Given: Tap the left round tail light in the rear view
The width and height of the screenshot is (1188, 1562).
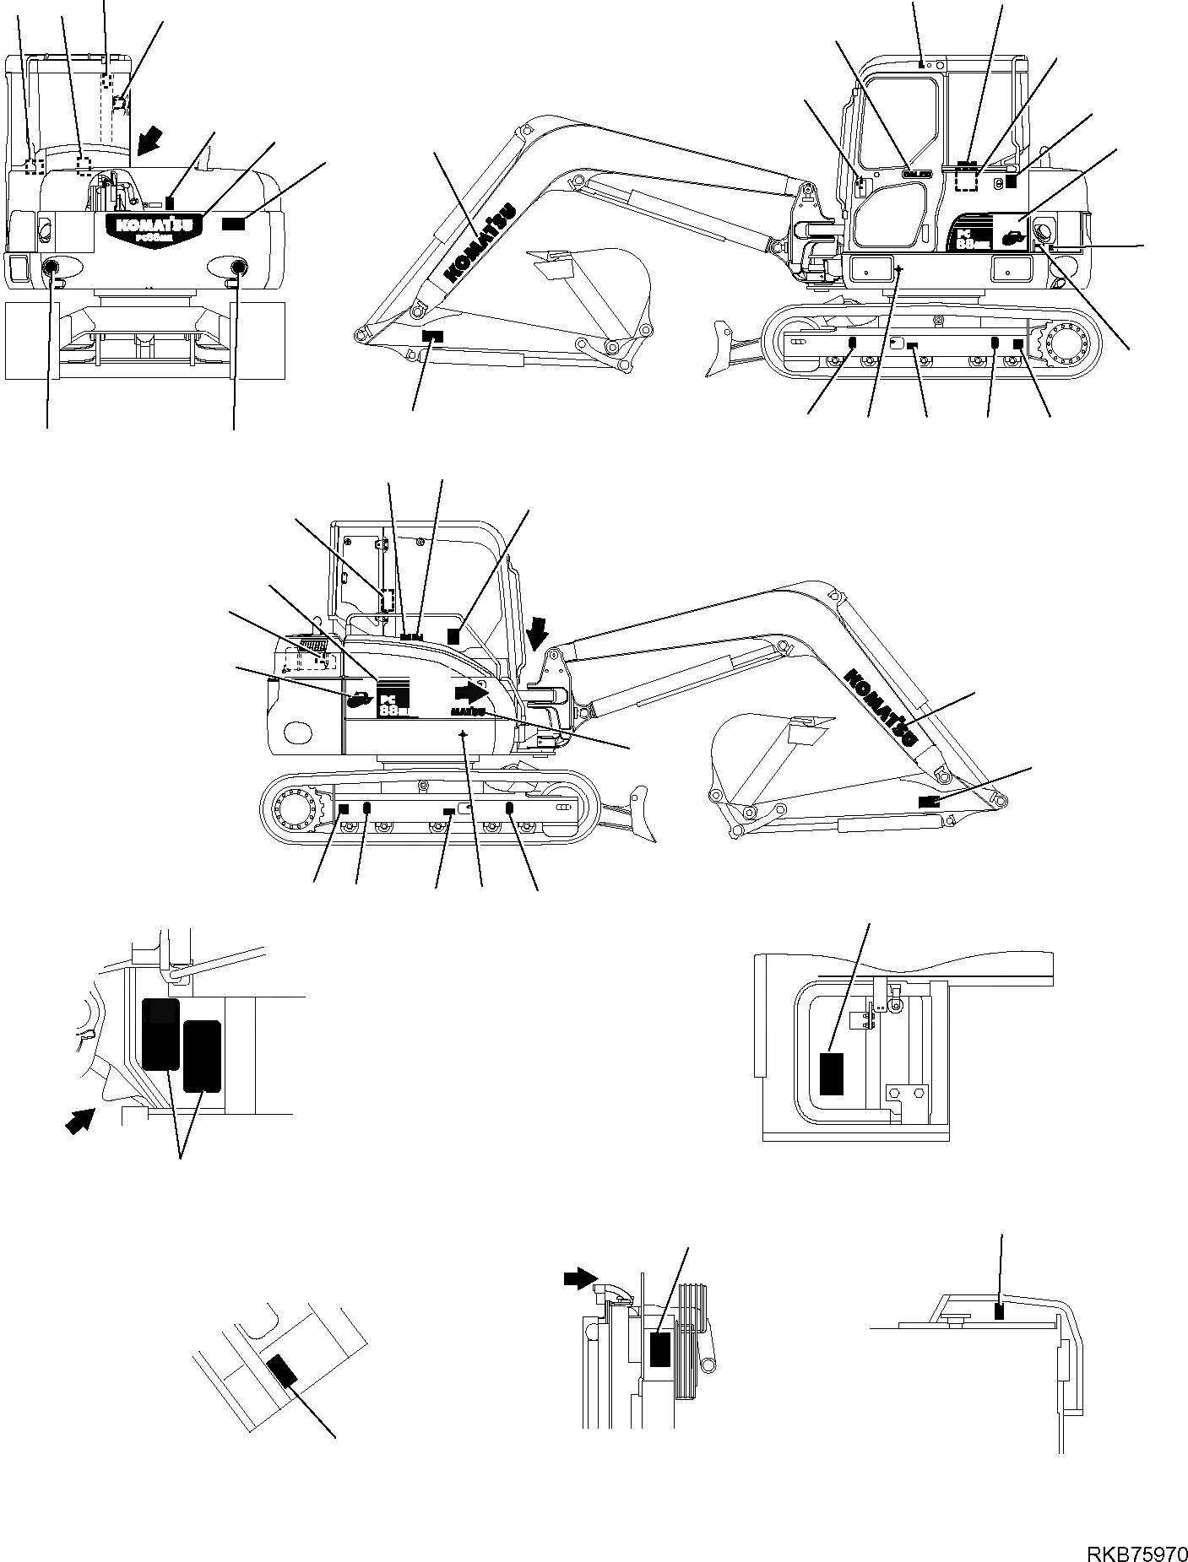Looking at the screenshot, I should (52, 269).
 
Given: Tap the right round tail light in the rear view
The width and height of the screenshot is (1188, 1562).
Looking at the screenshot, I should (237, 268).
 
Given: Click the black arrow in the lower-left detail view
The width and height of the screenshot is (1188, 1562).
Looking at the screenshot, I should (80, 1121).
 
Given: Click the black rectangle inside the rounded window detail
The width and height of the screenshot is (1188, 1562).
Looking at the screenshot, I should (832, 1074).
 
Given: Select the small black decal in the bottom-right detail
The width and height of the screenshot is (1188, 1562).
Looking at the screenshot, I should (1000, 1334).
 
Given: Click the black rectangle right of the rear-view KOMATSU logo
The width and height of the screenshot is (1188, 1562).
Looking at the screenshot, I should (234, 223).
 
